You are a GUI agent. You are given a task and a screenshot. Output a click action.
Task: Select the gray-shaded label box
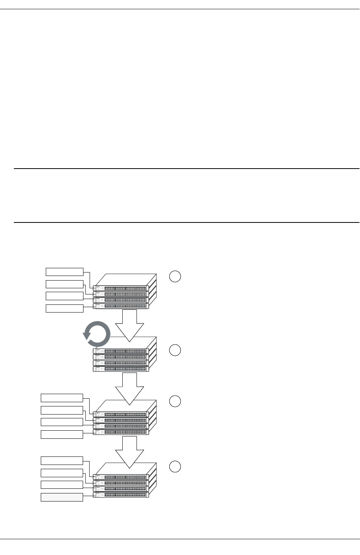click(x=62, y=497)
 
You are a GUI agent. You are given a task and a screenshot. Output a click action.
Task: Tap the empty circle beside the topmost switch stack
click(x=175, y=277)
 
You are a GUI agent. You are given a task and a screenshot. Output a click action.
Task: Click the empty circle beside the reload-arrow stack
click(x=175, y=350)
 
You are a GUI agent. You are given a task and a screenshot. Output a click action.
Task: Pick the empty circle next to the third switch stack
click(x=175, y=401)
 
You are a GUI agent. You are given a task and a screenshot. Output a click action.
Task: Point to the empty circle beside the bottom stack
click(x=175, y=466)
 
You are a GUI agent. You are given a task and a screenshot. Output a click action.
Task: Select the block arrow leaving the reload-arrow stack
click(x=129, y=387)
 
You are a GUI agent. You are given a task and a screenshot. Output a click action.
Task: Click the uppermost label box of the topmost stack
click(x=65, y=272)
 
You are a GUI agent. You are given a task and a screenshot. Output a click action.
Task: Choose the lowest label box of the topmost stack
click(x=65, y=308)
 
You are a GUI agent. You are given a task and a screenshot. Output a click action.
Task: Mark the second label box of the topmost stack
click(x=65, y=284)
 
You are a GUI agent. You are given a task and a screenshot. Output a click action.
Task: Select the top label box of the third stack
click(x=62, y=398)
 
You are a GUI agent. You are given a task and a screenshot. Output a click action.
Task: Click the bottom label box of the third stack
click(x=62, y=434)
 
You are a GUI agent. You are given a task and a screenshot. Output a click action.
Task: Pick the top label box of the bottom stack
click(x=62, y=461)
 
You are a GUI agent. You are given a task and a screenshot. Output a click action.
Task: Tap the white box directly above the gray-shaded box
click(x=62, y=485)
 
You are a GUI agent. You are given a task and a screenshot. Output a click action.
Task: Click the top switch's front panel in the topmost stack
click(x=120, y=288)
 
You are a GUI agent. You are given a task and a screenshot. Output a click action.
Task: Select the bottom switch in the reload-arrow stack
click(x=120, y=369)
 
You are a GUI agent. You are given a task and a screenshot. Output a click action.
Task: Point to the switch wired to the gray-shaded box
click(x=120, y=495)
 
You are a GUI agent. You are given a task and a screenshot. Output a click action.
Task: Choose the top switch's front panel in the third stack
click(x=120, y=414)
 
